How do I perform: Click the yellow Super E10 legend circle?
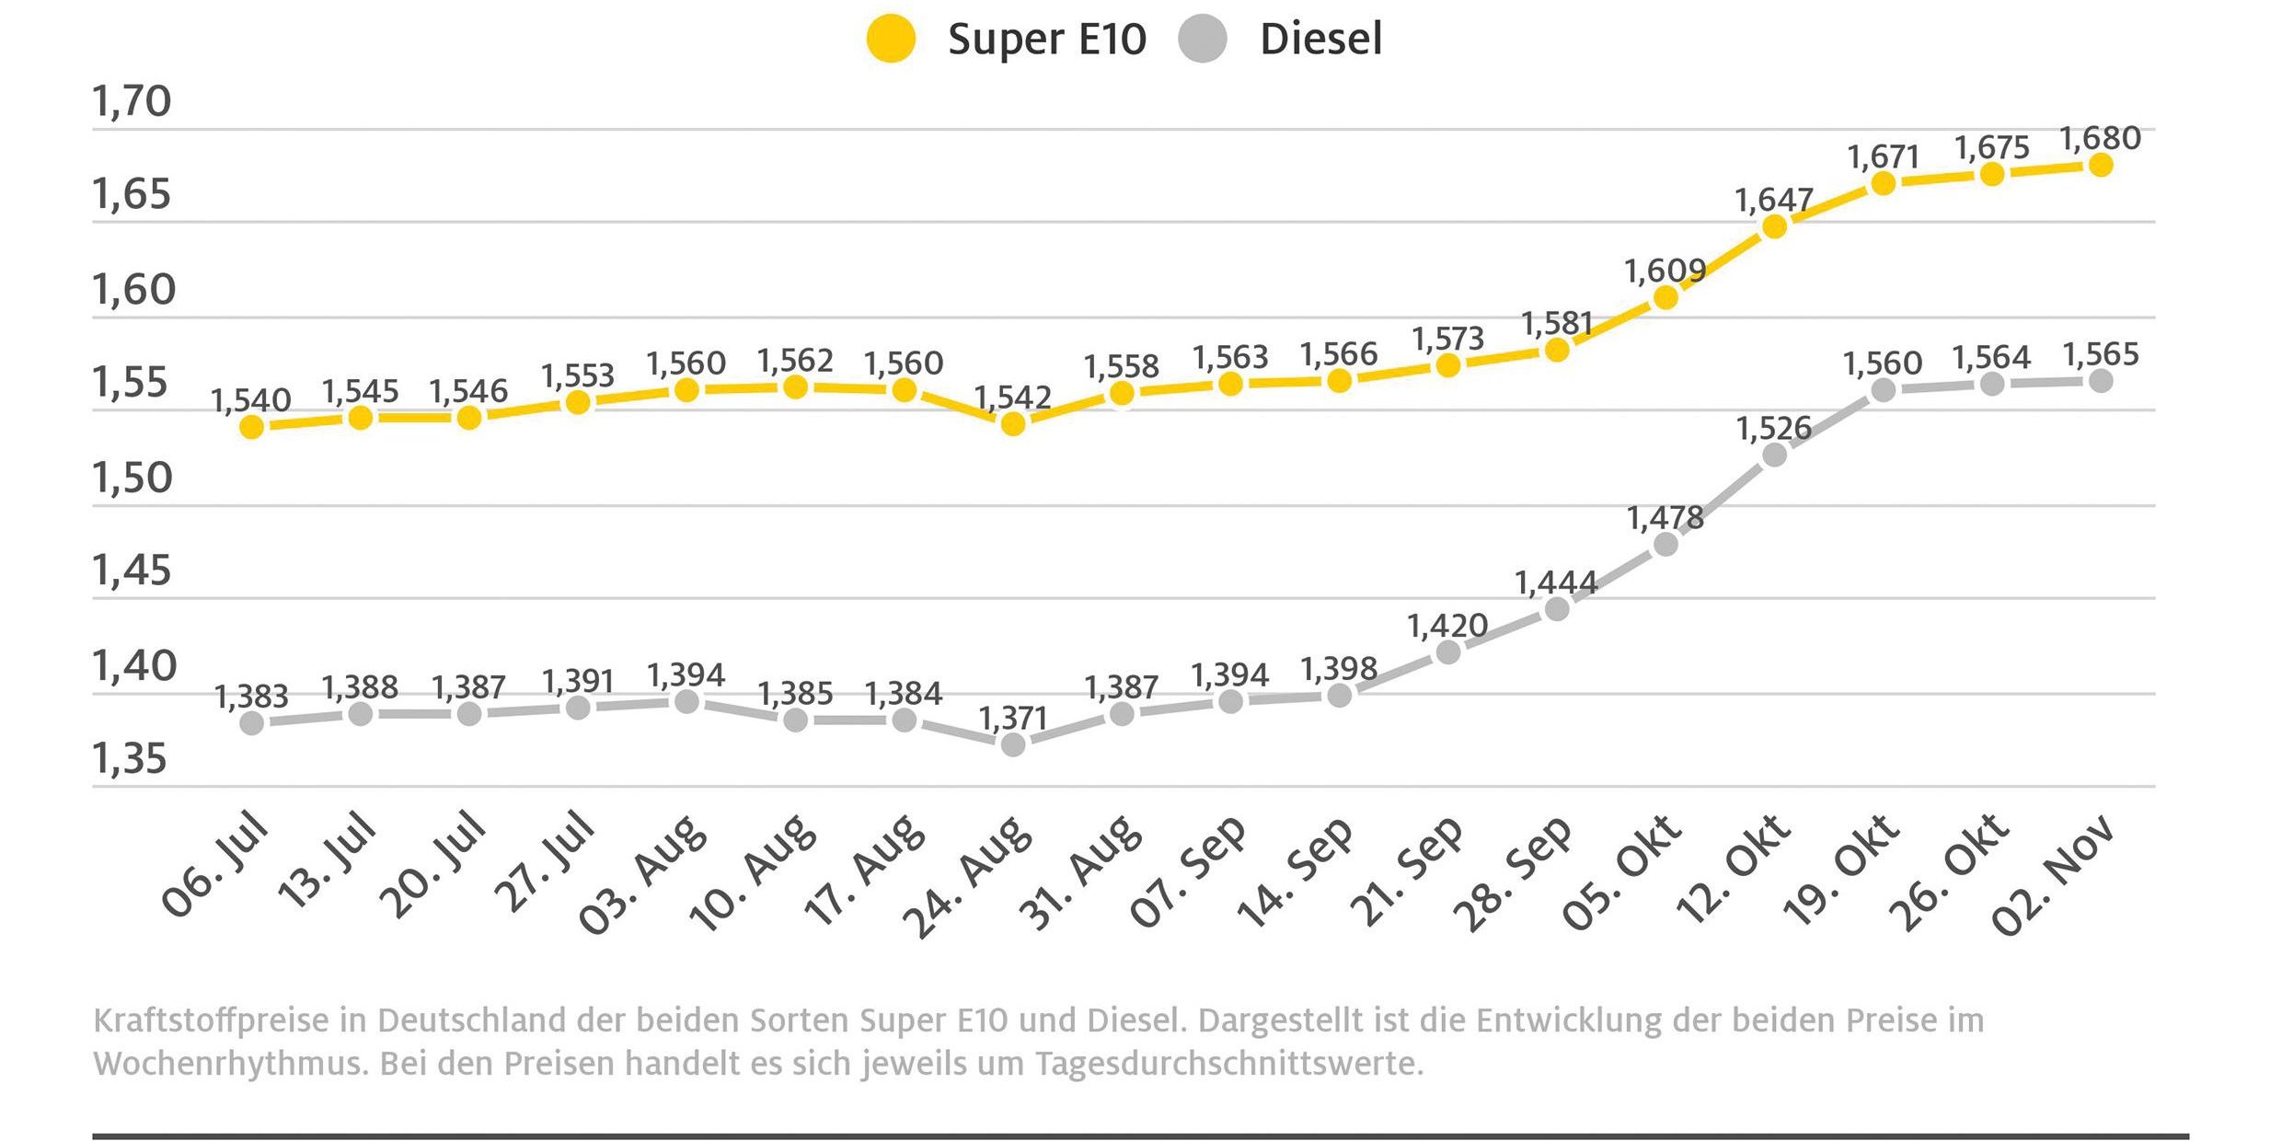tap(891, 39)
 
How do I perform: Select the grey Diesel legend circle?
tap(1203, 39)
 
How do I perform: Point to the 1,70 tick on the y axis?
tap(132, 101)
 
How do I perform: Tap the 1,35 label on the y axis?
tap(130, 759)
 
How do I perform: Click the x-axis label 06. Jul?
tap(215, 866)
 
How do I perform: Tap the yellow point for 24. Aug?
tap(1013, 424)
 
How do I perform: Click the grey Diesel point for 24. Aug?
tap(1013, 744)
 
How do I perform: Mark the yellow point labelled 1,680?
tap(2101, 165)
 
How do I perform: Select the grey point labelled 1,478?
tap(1665, 545)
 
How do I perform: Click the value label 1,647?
tap(1773, 200)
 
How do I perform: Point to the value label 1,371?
tap(1013, 718)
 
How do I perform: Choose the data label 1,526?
tap(1773, 429)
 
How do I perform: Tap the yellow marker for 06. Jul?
tap(252, 427)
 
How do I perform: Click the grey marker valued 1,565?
tap(2101, 381)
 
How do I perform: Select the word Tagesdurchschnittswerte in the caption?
tap(1229, 1065)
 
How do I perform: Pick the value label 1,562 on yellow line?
tap(795, 361)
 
